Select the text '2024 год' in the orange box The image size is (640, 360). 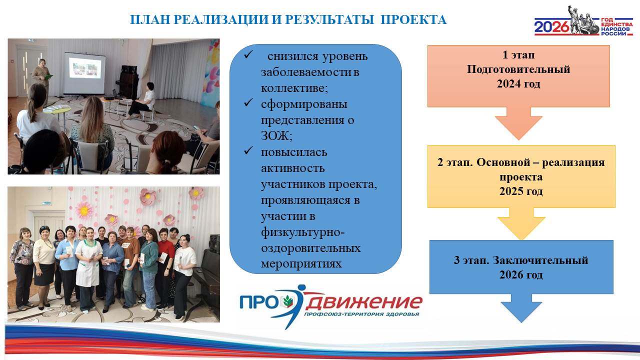point(518,83)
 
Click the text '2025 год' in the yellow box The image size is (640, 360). point(521,191)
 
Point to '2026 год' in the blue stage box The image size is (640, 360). point(521,274)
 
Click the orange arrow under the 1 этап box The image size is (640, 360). point(518,123)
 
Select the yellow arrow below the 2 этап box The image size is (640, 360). point(521,223)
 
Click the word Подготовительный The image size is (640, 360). point(518,69)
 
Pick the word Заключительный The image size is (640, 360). point(540,260)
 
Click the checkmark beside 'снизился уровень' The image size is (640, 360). point(248,54)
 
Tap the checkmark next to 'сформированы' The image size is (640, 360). point(248,102)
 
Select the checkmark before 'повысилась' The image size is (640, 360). point(248,150)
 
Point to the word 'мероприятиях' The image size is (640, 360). point(301,263)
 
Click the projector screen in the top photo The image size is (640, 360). point(84,73)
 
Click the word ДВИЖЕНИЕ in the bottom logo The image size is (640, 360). point(363,302)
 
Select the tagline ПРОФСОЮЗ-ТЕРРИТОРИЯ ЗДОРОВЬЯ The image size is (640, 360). point(361,314)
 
